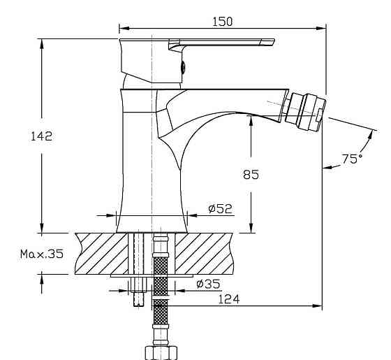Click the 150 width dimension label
click(x=222, y=22)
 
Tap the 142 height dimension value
click(x=41, y=136)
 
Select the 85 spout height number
click(x=251, y=175)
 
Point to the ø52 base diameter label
click(x=220, y=209)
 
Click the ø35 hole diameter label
click(x=209, y=284)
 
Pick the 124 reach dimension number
click(x=229, y=299)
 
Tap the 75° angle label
click(x=352, y=159)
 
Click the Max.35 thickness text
click(x=42, y=254)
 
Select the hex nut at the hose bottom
click(x=161, y=352)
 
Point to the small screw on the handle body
click(x=183, y=67)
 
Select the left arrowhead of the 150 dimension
click(x=124, y=28)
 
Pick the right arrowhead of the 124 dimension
click(x=317, y=306)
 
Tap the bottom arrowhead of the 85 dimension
click(x=251, y=227)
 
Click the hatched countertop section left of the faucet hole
click(x=102, y=254)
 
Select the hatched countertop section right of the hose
click(x=204, y=254)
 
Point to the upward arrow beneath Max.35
click(x=42, y=282)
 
